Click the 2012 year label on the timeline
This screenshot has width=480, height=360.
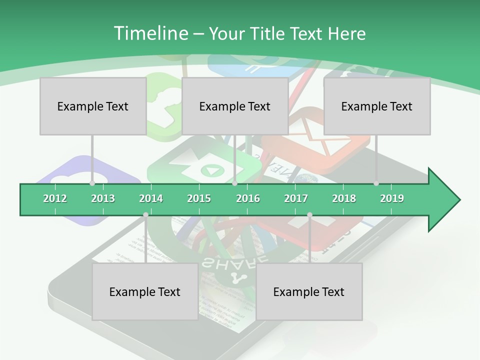point(55,198)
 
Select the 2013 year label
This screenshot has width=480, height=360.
point(103,198)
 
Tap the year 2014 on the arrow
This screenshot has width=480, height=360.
point(151,198)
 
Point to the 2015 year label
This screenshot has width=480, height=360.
point(199,198)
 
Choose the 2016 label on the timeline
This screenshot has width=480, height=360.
point(248,198)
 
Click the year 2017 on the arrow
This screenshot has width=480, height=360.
point(296,198)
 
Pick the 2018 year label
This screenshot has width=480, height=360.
point(344,198)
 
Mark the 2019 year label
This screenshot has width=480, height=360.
point(392,198)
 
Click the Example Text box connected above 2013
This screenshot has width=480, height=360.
point(93,106)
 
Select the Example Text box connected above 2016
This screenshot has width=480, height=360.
point(235,106)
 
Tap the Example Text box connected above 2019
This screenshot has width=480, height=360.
point(377,106)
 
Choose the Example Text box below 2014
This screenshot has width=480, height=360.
point(145,291)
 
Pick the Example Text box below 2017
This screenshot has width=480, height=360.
point(309,291)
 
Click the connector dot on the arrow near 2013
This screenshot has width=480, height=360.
point(92,183)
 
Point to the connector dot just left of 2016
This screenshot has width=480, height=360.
point(235,183)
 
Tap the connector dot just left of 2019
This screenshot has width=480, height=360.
point(376,183)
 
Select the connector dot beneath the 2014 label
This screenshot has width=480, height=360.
point(145,215)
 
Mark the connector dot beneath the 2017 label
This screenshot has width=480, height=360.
point(309,215)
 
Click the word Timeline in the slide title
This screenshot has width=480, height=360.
point(149,33)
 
